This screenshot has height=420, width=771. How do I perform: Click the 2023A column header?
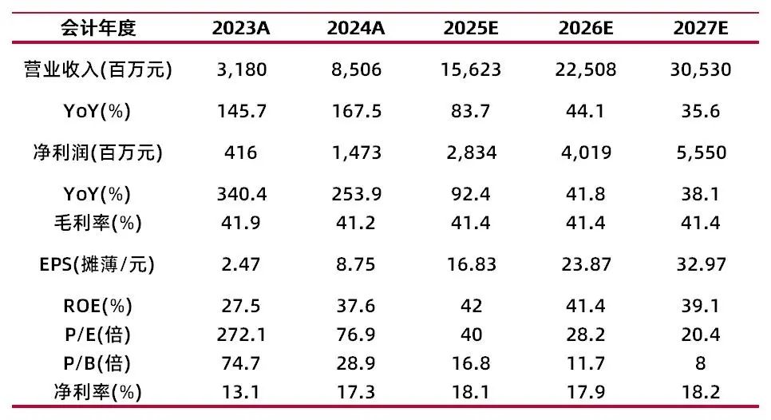(241, 28)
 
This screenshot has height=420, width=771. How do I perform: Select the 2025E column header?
(471, 28)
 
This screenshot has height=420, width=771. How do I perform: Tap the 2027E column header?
(700, 28)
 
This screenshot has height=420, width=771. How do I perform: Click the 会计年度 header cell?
(98, 28)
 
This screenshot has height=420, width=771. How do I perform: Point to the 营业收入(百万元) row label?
(98, 69)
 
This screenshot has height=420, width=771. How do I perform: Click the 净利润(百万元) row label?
(98, 153)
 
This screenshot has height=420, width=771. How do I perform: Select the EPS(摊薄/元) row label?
(97, 264)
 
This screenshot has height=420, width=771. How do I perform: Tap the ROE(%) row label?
(98, 306)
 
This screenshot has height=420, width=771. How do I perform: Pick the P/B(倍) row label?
(98, 363)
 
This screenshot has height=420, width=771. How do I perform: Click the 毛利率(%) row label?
(98, 224)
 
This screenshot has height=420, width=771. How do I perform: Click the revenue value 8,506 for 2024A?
(356, 69)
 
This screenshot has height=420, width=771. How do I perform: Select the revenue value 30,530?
(700, 69)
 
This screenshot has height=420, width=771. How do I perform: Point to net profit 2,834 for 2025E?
(471, 153)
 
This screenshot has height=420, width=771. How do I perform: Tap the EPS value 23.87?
(586, 264)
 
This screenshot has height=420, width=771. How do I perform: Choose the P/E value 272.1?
(241, 335)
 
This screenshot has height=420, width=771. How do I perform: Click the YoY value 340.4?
(241, 194)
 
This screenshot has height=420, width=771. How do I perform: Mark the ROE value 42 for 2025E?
(471, 306)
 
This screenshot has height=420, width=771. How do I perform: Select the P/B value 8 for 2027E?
(700, 363)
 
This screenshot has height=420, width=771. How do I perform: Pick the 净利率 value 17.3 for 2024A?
(356, 393)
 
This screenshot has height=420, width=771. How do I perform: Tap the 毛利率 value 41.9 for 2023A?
(241, 224)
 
